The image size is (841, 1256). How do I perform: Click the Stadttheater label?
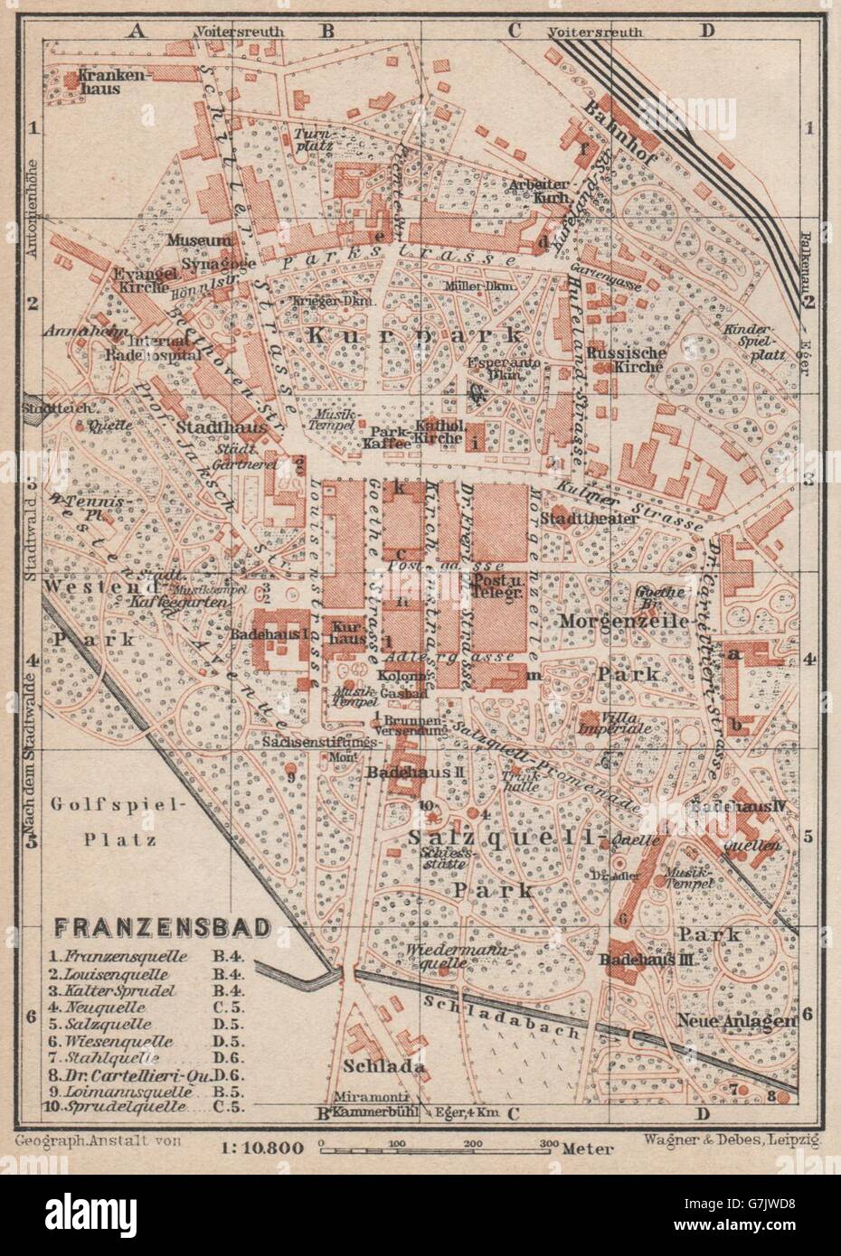pyautogui.click(x=585, y=519)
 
